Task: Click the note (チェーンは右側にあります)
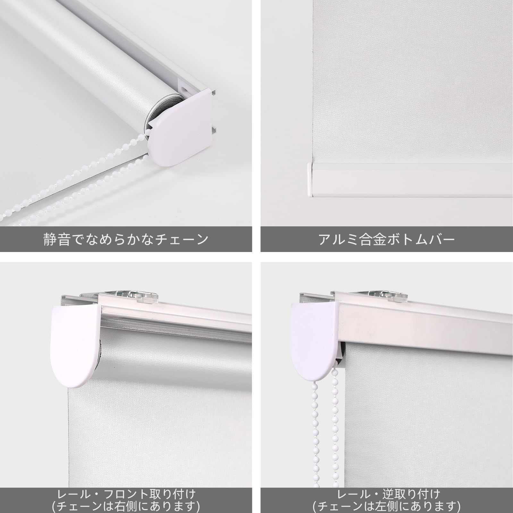126,506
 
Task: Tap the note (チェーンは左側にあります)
386,506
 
